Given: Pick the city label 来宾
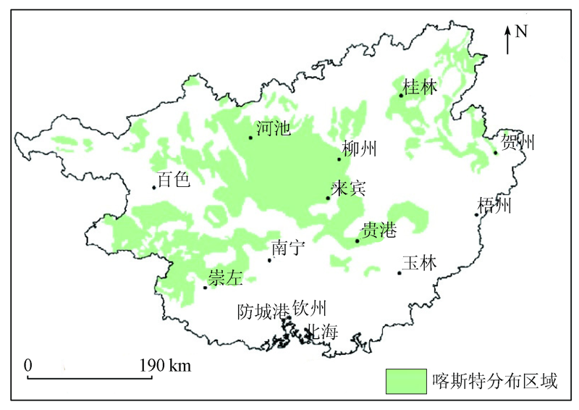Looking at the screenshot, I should [x=348, y=188].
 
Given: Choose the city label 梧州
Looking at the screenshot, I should [x=494, y=206].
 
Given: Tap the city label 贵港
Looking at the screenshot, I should [x=379, y=231].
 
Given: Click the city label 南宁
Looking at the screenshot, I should [x=288, y=248].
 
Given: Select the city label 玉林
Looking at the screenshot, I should [x=420, y=264].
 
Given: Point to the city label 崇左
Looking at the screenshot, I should [x=225, y=277].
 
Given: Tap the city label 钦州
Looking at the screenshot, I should [x=311, y=308].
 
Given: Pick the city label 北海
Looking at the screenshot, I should [x=323, y=332].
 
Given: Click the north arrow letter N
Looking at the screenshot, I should [x=521, y=31].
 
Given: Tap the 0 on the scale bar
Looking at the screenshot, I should [x=29, y=365].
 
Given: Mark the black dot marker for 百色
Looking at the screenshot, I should [x=154, y=188].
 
